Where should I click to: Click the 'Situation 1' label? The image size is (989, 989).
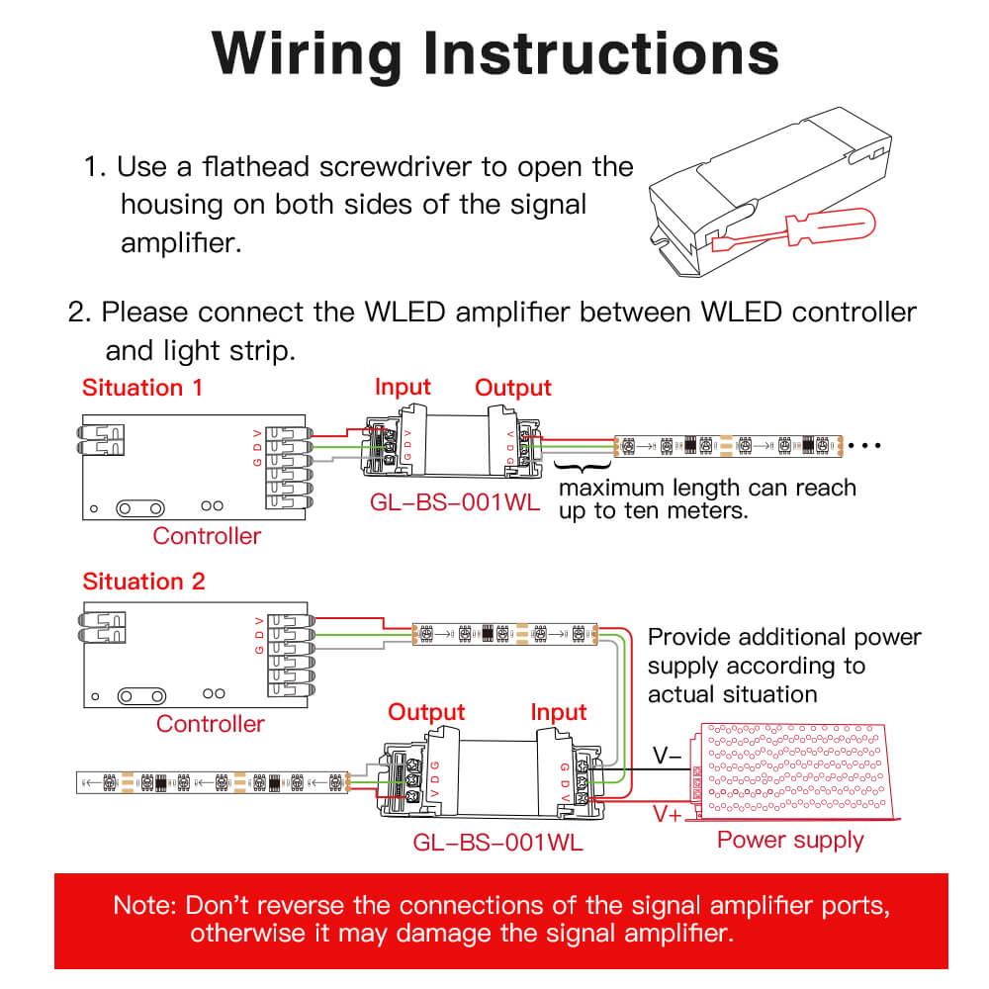tap(142, 387)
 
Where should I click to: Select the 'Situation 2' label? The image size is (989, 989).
tap(143, 581)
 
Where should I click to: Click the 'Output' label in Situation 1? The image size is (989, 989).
tap(513, 387)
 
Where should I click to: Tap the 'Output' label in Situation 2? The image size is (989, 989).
tap(426, 712)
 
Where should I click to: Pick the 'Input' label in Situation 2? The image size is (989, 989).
tap(559, 712)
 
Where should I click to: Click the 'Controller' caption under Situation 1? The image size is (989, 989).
tap(207, 536)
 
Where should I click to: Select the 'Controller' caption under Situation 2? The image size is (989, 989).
tap(211, 723)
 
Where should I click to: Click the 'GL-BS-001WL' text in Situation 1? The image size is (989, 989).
tap(456, 501)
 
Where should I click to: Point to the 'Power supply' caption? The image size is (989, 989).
tap(790, 840)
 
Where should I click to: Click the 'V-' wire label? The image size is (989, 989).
tap(666, 757)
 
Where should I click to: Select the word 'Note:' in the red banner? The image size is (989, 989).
tap(145, 905)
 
